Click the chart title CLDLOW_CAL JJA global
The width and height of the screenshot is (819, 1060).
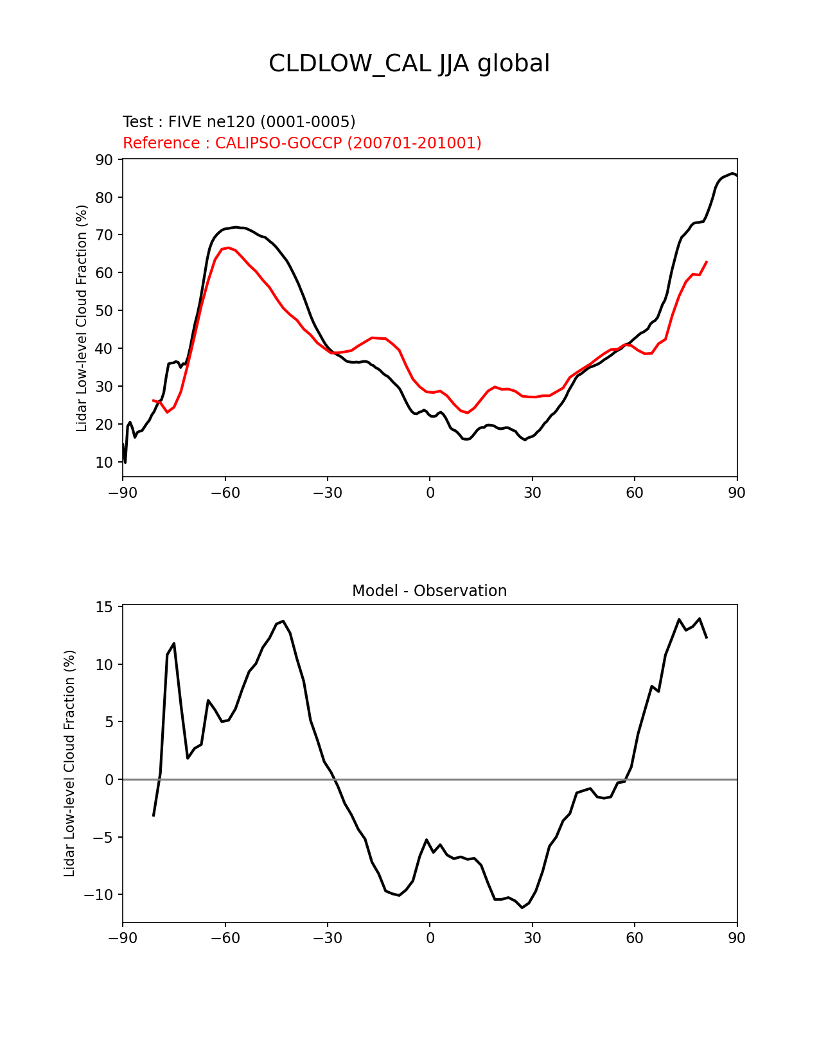(x=409, y=64)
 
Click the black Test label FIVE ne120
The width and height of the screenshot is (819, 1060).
(x=239, y=122)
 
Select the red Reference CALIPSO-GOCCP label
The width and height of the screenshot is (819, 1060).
(x=302, y=143)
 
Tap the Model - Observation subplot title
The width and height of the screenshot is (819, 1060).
(x=429, y=591)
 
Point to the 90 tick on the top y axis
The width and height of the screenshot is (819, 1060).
(x=104, y=159)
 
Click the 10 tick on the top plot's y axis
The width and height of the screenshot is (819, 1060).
(x=104, y=463)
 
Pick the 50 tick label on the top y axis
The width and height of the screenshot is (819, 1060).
(x=104, y=311)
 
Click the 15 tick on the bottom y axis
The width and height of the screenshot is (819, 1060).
(x=105, y=607)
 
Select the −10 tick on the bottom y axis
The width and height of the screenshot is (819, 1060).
(x=98, y=895)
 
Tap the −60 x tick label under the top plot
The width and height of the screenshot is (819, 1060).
(x=225, y=493)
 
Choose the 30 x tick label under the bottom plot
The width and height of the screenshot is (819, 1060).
(x=532, y=938)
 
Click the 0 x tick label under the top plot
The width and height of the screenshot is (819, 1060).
(x=430, y=493)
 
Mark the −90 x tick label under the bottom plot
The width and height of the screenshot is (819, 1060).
(x=122, y=938)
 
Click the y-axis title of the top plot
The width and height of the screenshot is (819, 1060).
(x=82, y=318)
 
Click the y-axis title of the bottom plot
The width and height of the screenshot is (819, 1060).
(x=70, y=763)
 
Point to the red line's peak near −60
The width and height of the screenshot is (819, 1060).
(x=228, y=247)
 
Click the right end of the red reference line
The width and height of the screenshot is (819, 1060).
(x=707, y=261)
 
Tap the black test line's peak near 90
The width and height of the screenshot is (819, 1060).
(x=733, y=173)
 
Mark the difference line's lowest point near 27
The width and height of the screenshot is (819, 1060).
(x=522, y=907)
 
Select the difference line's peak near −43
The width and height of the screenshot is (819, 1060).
(x=283, y=621)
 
